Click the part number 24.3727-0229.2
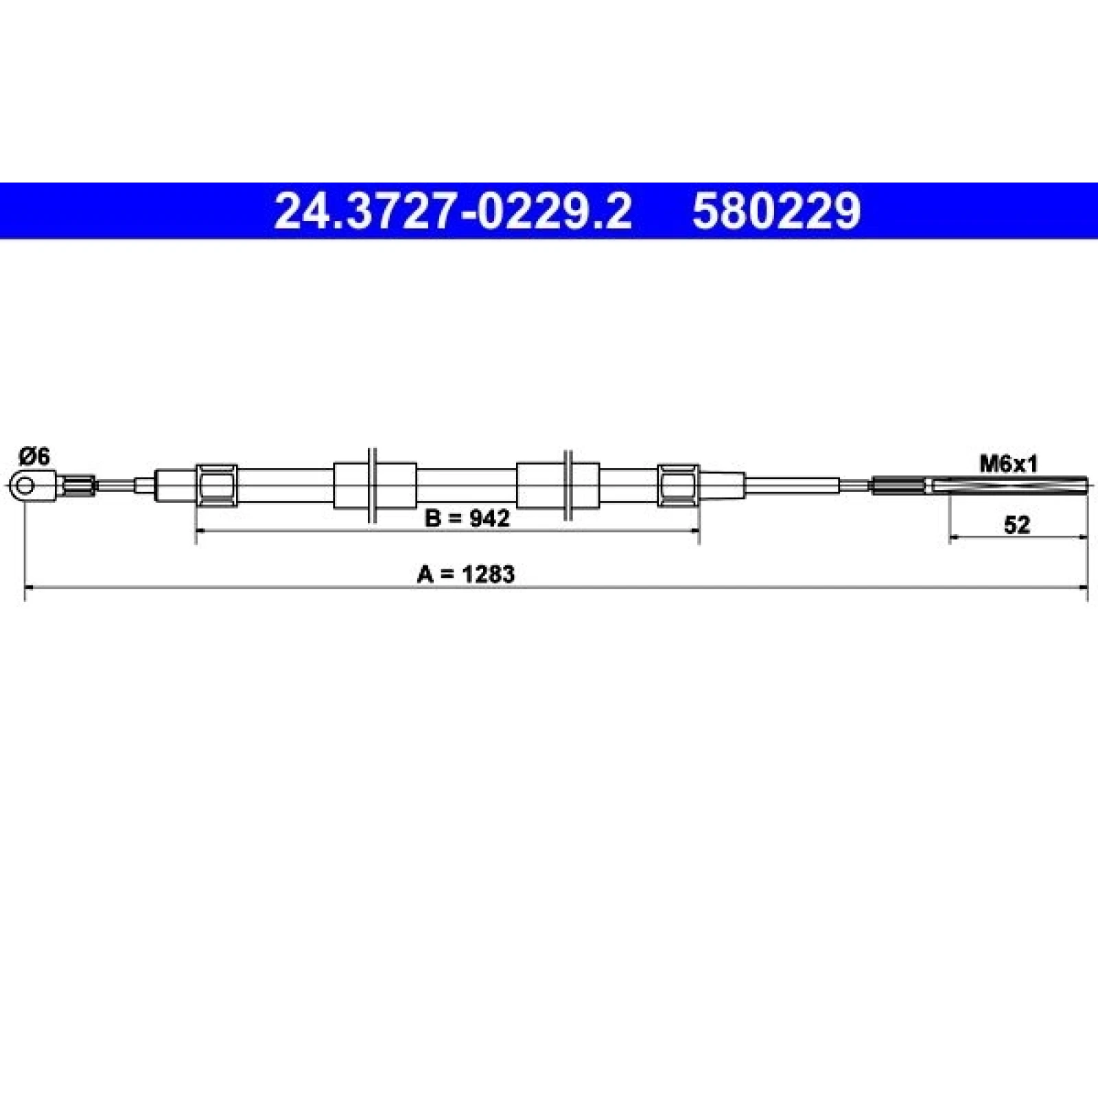tap(452, 211)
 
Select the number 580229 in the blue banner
tap(776, 211)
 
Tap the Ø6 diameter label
tap(34, 456)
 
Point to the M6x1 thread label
tap(1008, 465)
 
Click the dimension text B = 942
tap(467, 518)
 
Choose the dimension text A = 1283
tap(465, 574)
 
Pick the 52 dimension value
tap(1017, 525)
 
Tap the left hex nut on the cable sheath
tap(217, 486)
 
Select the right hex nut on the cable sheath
tap(678, 486)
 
